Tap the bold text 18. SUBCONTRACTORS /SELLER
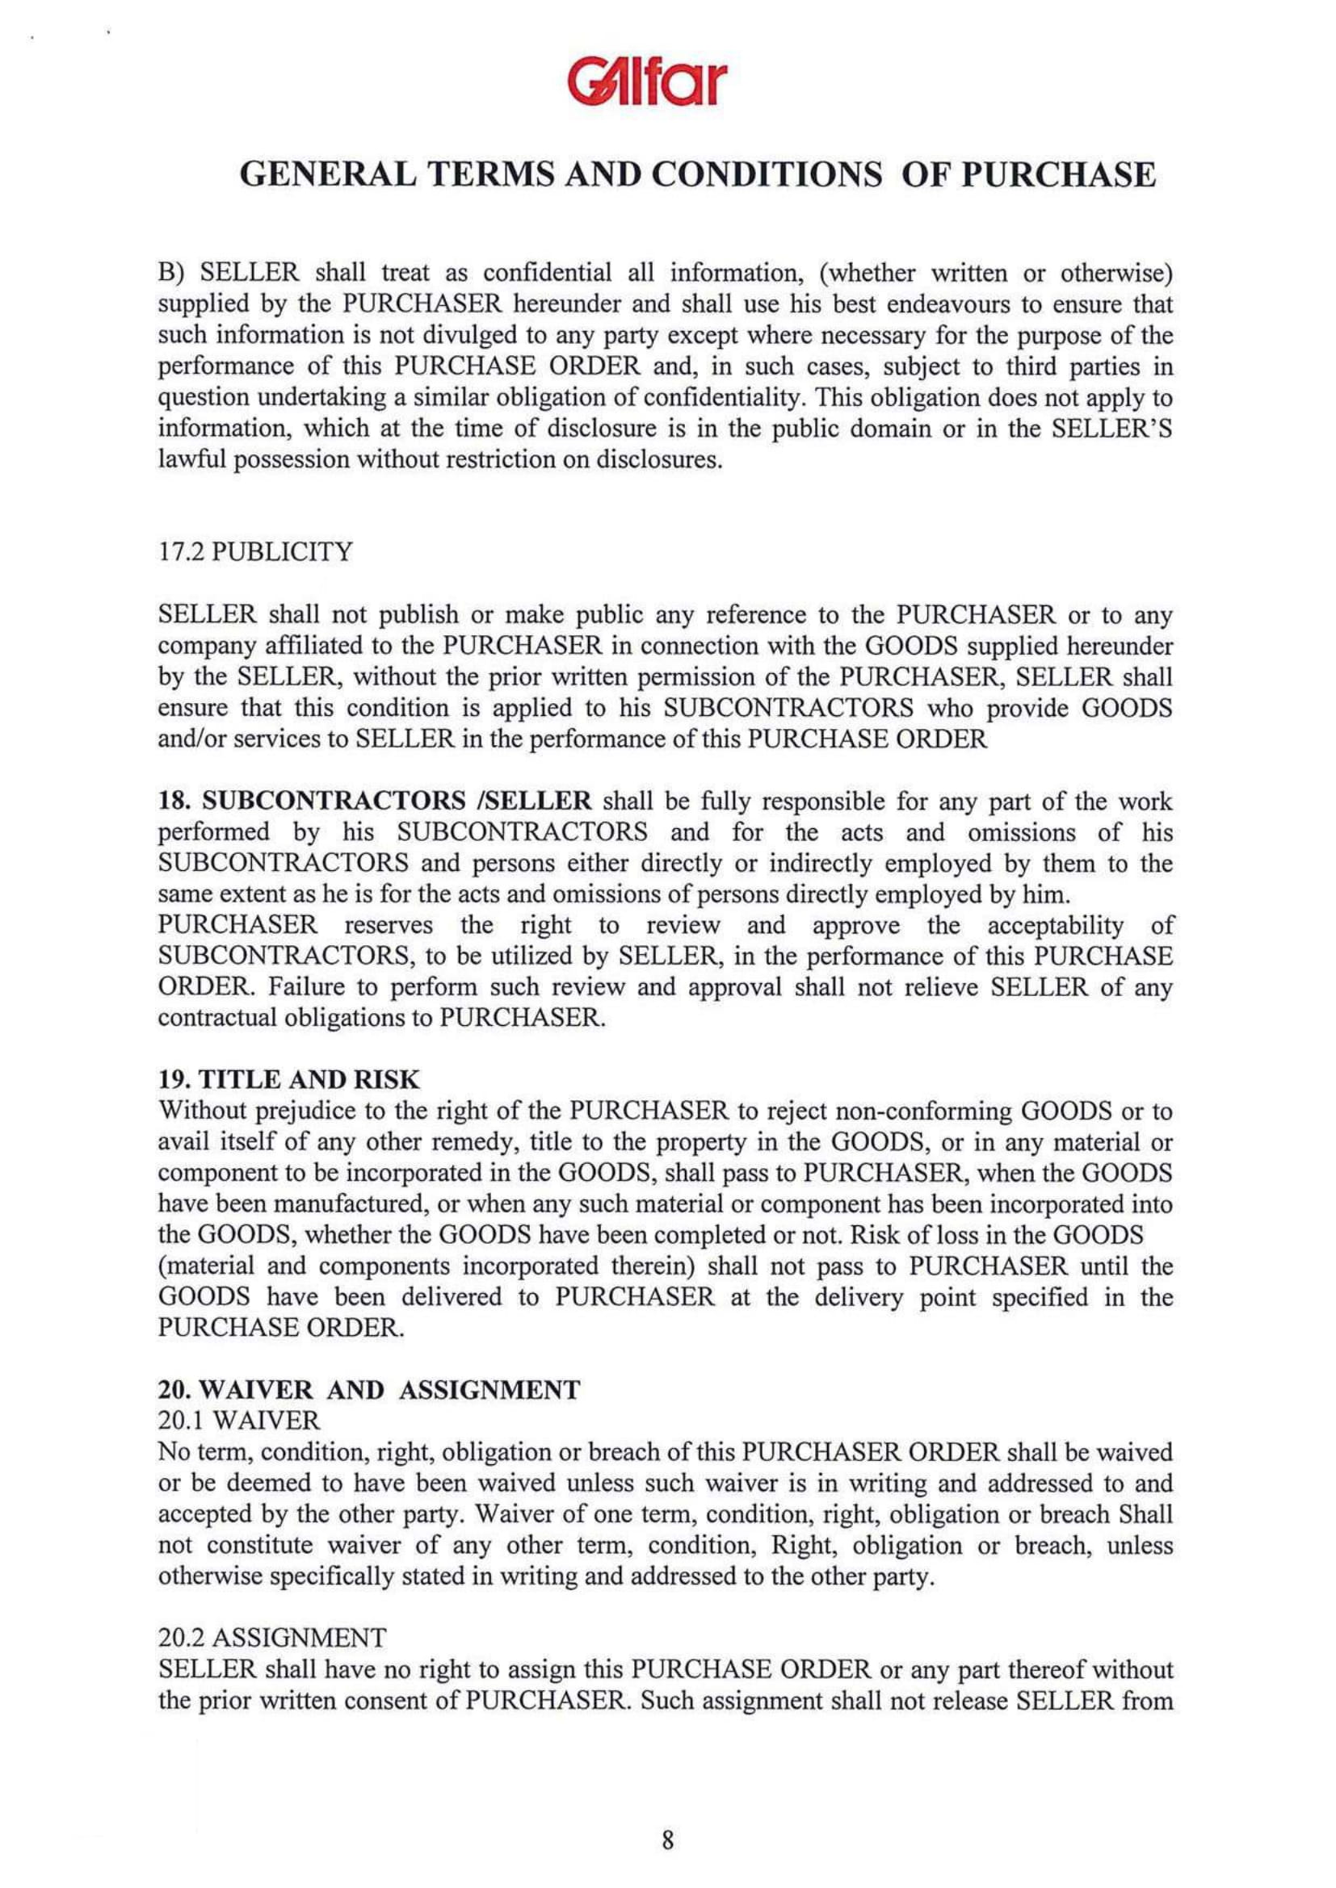tap(374, 801)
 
